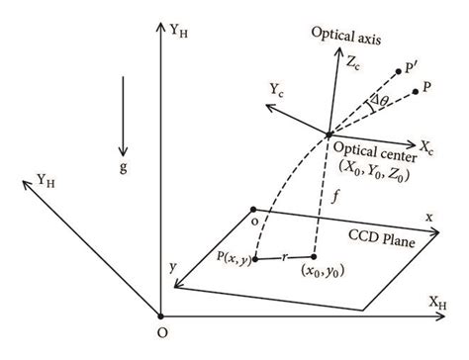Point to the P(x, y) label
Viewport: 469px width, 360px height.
[231, 260]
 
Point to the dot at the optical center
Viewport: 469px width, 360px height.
[328, 134]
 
